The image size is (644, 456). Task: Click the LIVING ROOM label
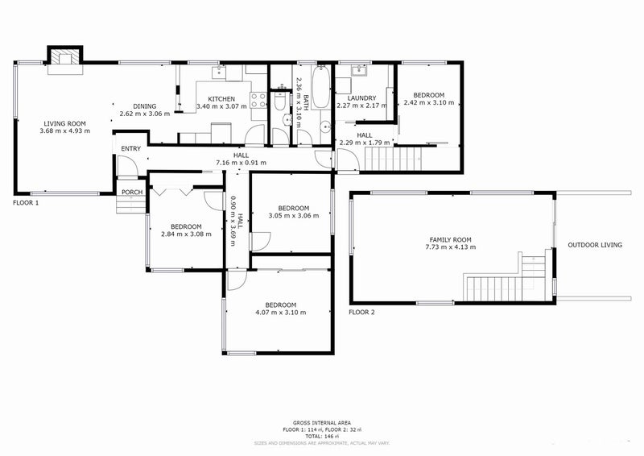pos(66,123)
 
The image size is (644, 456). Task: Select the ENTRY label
pos(130,149)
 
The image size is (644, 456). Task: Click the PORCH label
pos(130,192)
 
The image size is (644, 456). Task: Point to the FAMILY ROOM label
pos(450,240)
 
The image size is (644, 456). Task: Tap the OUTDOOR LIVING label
pos(596,244)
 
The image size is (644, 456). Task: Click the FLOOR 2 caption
pos(361,312)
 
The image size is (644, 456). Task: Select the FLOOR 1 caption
pos(26,203)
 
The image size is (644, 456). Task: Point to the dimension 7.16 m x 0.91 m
pos(241,164)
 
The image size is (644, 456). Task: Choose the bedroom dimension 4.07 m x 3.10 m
pos(280,312)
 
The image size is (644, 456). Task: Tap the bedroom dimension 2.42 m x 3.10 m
pos(429,103)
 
